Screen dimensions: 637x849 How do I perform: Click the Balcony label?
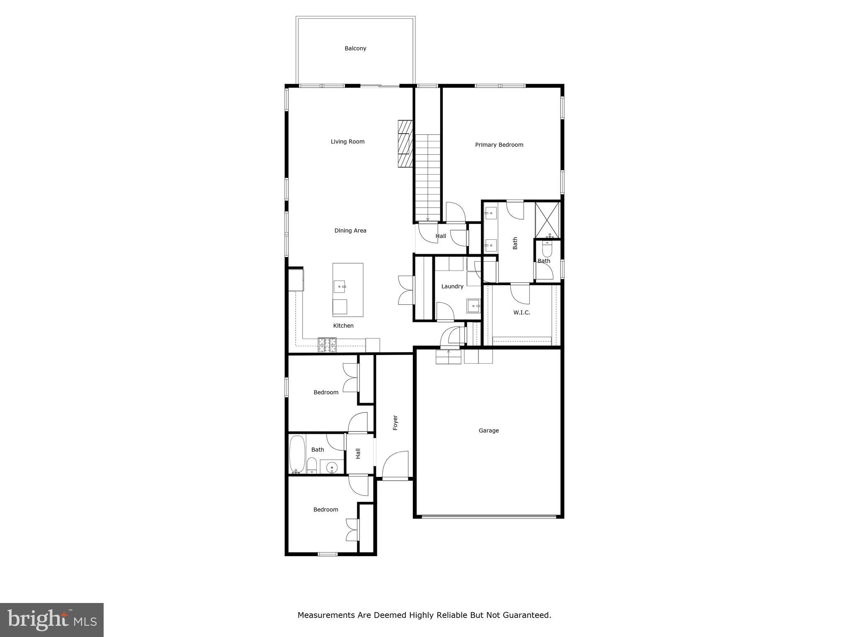(355, 49)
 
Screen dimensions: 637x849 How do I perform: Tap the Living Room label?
(347, 142)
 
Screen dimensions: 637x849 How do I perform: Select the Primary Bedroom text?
(499, 145)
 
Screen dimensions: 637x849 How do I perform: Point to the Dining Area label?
(350, 231)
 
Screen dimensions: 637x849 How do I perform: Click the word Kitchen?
(343, 326)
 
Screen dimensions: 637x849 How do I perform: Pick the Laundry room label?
(452, 286)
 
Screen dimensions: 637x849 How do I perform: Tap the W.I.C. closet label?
(522, 312)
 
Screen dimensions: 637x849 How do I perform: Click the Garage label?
(488, 430)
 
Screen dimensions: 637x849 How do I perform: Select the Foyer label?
(395, 423)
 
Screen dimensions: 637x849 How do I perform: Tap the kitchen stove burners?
(327, 345)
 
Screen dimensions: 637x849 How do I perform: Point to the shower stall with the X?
(547, 220)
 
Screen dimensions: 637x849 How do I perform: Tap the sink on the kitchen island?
(340, 286)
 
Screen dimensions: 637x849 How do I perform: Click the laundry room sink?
(473, 306)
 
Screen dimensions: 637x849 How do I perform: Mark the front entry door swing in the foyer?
(395, 465)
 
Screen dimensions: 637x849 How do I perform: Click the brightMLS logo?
(51, 620)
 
